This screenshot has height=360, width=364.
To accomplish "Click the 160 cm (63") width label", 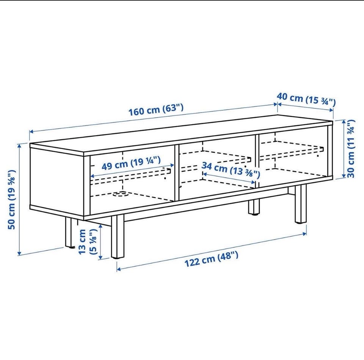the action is tap(156, 110).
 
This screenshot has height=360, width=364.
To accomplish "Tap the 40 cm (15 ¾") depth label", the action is tap(306, 99).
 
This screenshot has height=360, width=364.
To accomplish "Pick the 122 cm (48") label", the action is tap(211, 259).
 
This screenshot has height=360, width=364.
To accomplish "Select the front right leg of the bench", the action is tap(301, 204).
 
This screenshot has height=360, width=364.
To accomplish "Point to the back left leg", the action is tap(69, 232).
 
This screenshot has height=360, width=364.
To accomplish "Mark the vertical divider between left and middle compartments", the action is tap(176, 173).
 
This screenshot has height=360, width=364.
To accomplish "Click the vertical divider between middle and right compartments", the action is tap(257, 161).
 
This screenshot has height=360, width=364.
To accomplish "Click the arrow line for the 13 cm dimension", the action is tap(100, 241).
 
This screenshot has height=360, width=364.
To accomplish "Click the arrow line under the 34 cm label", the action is tap(229, 178).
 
